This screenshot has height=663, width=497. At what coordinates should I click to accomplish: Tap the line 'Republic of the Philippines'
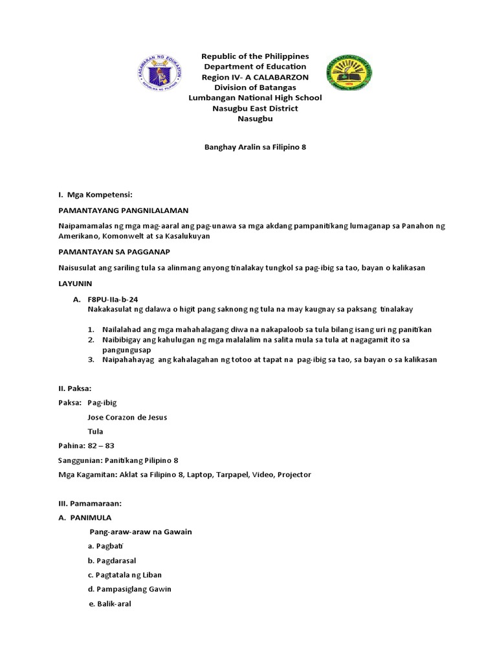(x=255, y=56)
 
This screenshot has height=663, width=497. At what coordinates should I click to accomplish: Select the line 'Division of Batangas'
(x=255, y=87)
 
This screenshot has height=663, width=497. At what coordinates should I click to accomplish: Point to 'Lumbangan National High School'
(x=255, y=98)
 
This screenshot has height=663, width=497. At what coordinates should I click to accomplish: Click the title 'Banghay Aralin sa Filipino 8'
(x=250, y=147)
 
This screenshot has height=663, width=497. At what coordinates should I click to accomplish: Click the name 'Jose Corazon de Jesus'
(x=127, y=417)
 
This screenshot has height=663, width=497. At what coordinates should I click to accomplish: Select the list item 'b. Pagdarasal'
(x=113, y=561)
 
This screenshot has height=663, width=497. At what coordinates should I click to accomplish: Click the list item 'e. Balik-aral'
(x=109, y=604)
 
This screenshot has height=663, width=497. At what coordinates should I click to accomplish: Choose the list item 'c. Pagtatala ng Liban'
(x=124, y=575)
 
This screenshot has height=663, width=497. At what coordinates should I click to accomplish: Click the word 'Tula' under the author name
(x=95, y=431)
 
